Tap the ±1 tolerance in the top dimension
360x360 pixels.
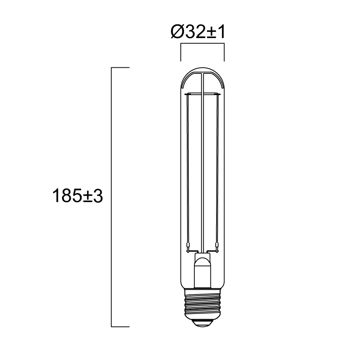pyautogui.click(x=216, y=33)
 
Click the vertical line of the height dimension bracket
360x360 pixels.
pyautogui.click(x=111, y=197)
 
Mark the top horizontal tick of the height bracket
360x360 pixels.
pyautogui.click(x=120, y=68)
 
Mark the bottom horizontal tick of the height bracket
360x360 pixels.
pyautogui.click(x=120, y=327)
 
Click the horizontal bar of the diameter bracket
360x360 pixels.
pyautogui.click(x=202, y=45)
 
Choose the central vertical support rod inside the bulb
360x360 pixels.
pyautogui.click(x=202, y=171)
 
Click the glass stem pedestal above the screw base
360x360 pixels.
pyautogui.click(x=202, y=272)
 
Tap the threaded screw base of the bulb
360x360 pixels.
pyautogui.click(x=202, y=304)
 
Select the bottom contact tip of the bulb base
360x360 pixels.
pyautogui.click(x=202, y=323)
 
